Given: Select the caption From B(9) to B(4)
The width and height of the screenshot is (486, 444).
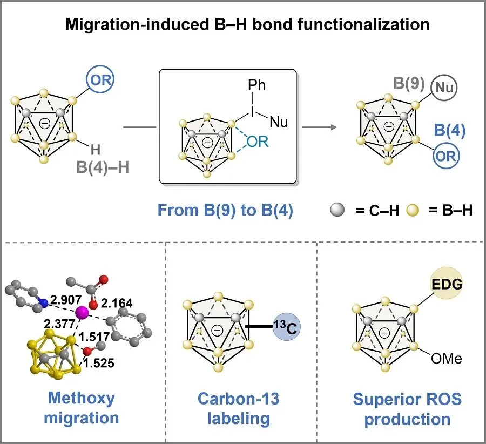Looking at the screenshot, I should point(225,210).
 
